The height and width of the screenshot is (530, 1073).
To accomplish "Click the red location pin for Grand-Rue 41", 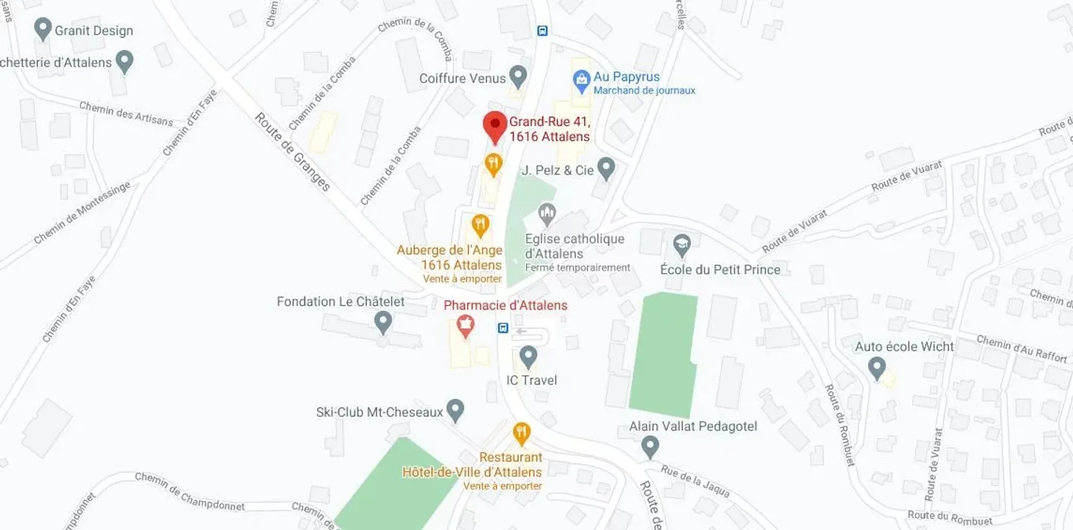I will (495, 126).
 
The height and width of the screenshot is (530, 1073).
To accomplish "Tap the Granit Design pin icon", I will (42, 30).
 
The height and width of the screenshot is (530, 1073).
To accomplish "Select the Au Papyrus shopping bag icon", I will (580, 78).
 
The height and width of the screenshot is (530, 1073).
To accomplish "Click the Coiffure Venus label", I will (462, 78).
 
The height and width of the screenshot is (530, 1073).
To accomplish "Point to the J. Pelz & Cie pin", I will (607, 168).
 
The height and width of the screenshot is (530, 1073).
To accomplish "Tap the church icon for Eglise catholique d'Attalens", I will (548, 215).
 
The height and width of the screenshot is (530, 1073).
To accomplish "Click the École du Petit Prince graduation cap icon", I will (681, 245).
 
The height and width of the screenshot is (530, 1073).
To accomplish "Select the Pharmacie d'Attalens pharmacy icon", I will (466, 325).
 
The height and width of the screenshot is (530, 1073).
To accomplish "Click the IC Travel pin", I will (528, 356).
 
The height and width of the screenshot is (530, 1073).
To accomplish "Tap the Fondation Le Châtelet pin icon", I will (383, 322).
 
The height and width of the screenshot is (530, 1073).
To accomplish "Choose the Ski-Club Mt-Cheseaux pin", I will (455, 410).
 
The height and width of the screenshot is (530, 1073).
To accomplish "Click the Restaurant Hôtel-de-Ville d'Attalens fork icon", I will (522, 432).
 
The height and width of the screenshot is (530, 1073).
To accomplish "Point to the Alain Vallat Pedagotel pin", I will (650, 447).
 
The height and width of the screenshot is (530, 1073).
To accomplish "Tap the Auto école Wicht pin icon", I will (877, 367).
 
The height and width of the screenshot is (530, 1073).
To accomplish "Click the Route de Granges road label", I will (292, 151).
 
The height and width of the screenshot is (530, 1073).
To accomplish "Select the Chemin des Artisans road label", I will (126, 113).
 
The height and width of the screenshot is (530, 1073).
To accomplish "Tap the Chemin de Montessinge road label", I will (81, 213).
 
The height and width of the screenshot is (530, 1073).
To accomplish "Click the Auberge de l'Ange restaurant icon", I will (481, 224).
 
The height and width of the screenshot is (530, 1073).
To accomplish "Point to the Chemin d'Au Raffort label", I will (1021, 348).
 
